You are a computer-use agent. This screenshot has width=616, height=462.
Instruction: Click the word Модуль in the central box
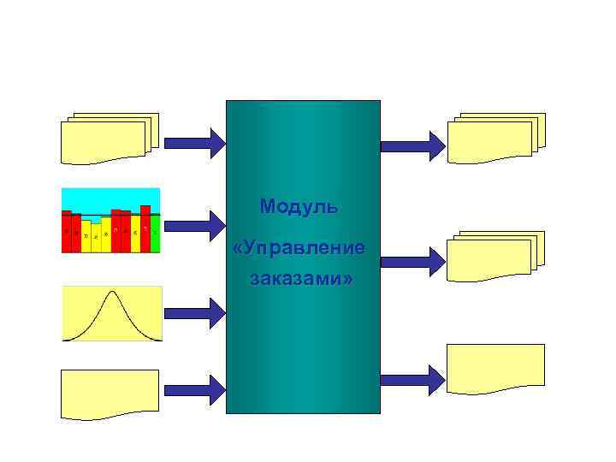point(299,207)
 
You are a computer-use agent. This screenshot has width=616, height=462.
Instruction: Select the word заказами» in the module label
point(301,279)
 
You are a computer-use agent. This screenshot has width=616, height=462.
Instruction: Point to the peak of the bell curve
point(112,293)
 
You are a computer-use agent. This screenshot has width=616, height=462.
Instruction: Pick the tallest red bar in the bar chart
point(145,228)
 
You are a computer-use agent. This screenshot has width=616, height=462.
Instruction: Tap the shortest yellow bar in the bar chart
point(96,237)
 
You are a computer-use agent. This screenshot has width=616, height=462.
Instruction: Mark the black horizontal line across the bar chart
point(111,215)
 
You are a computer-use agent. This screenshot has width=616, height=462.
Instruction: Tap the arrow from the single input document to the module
point(194,389)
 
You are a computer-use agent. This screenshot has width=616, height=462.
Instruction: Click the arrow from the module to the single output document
point(412,378)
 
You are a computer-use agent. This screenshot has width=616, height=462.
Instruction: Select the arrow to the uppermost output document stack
point(412,145)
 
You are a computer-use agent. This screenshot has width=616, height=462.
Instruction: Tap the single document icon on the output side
point(495,368)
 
